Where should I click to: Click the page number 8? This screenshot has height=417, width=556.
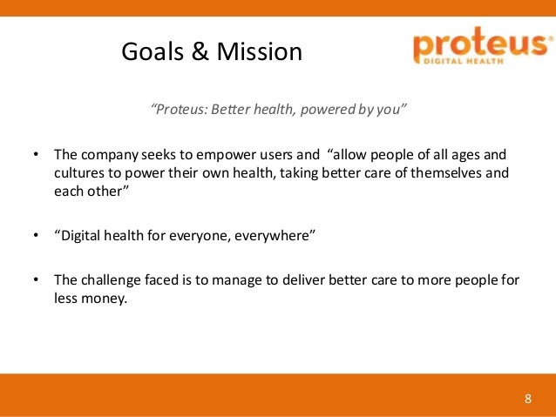click(527, 400)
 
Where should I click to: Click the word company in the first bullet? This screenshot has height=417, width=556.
click(107, 158)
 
